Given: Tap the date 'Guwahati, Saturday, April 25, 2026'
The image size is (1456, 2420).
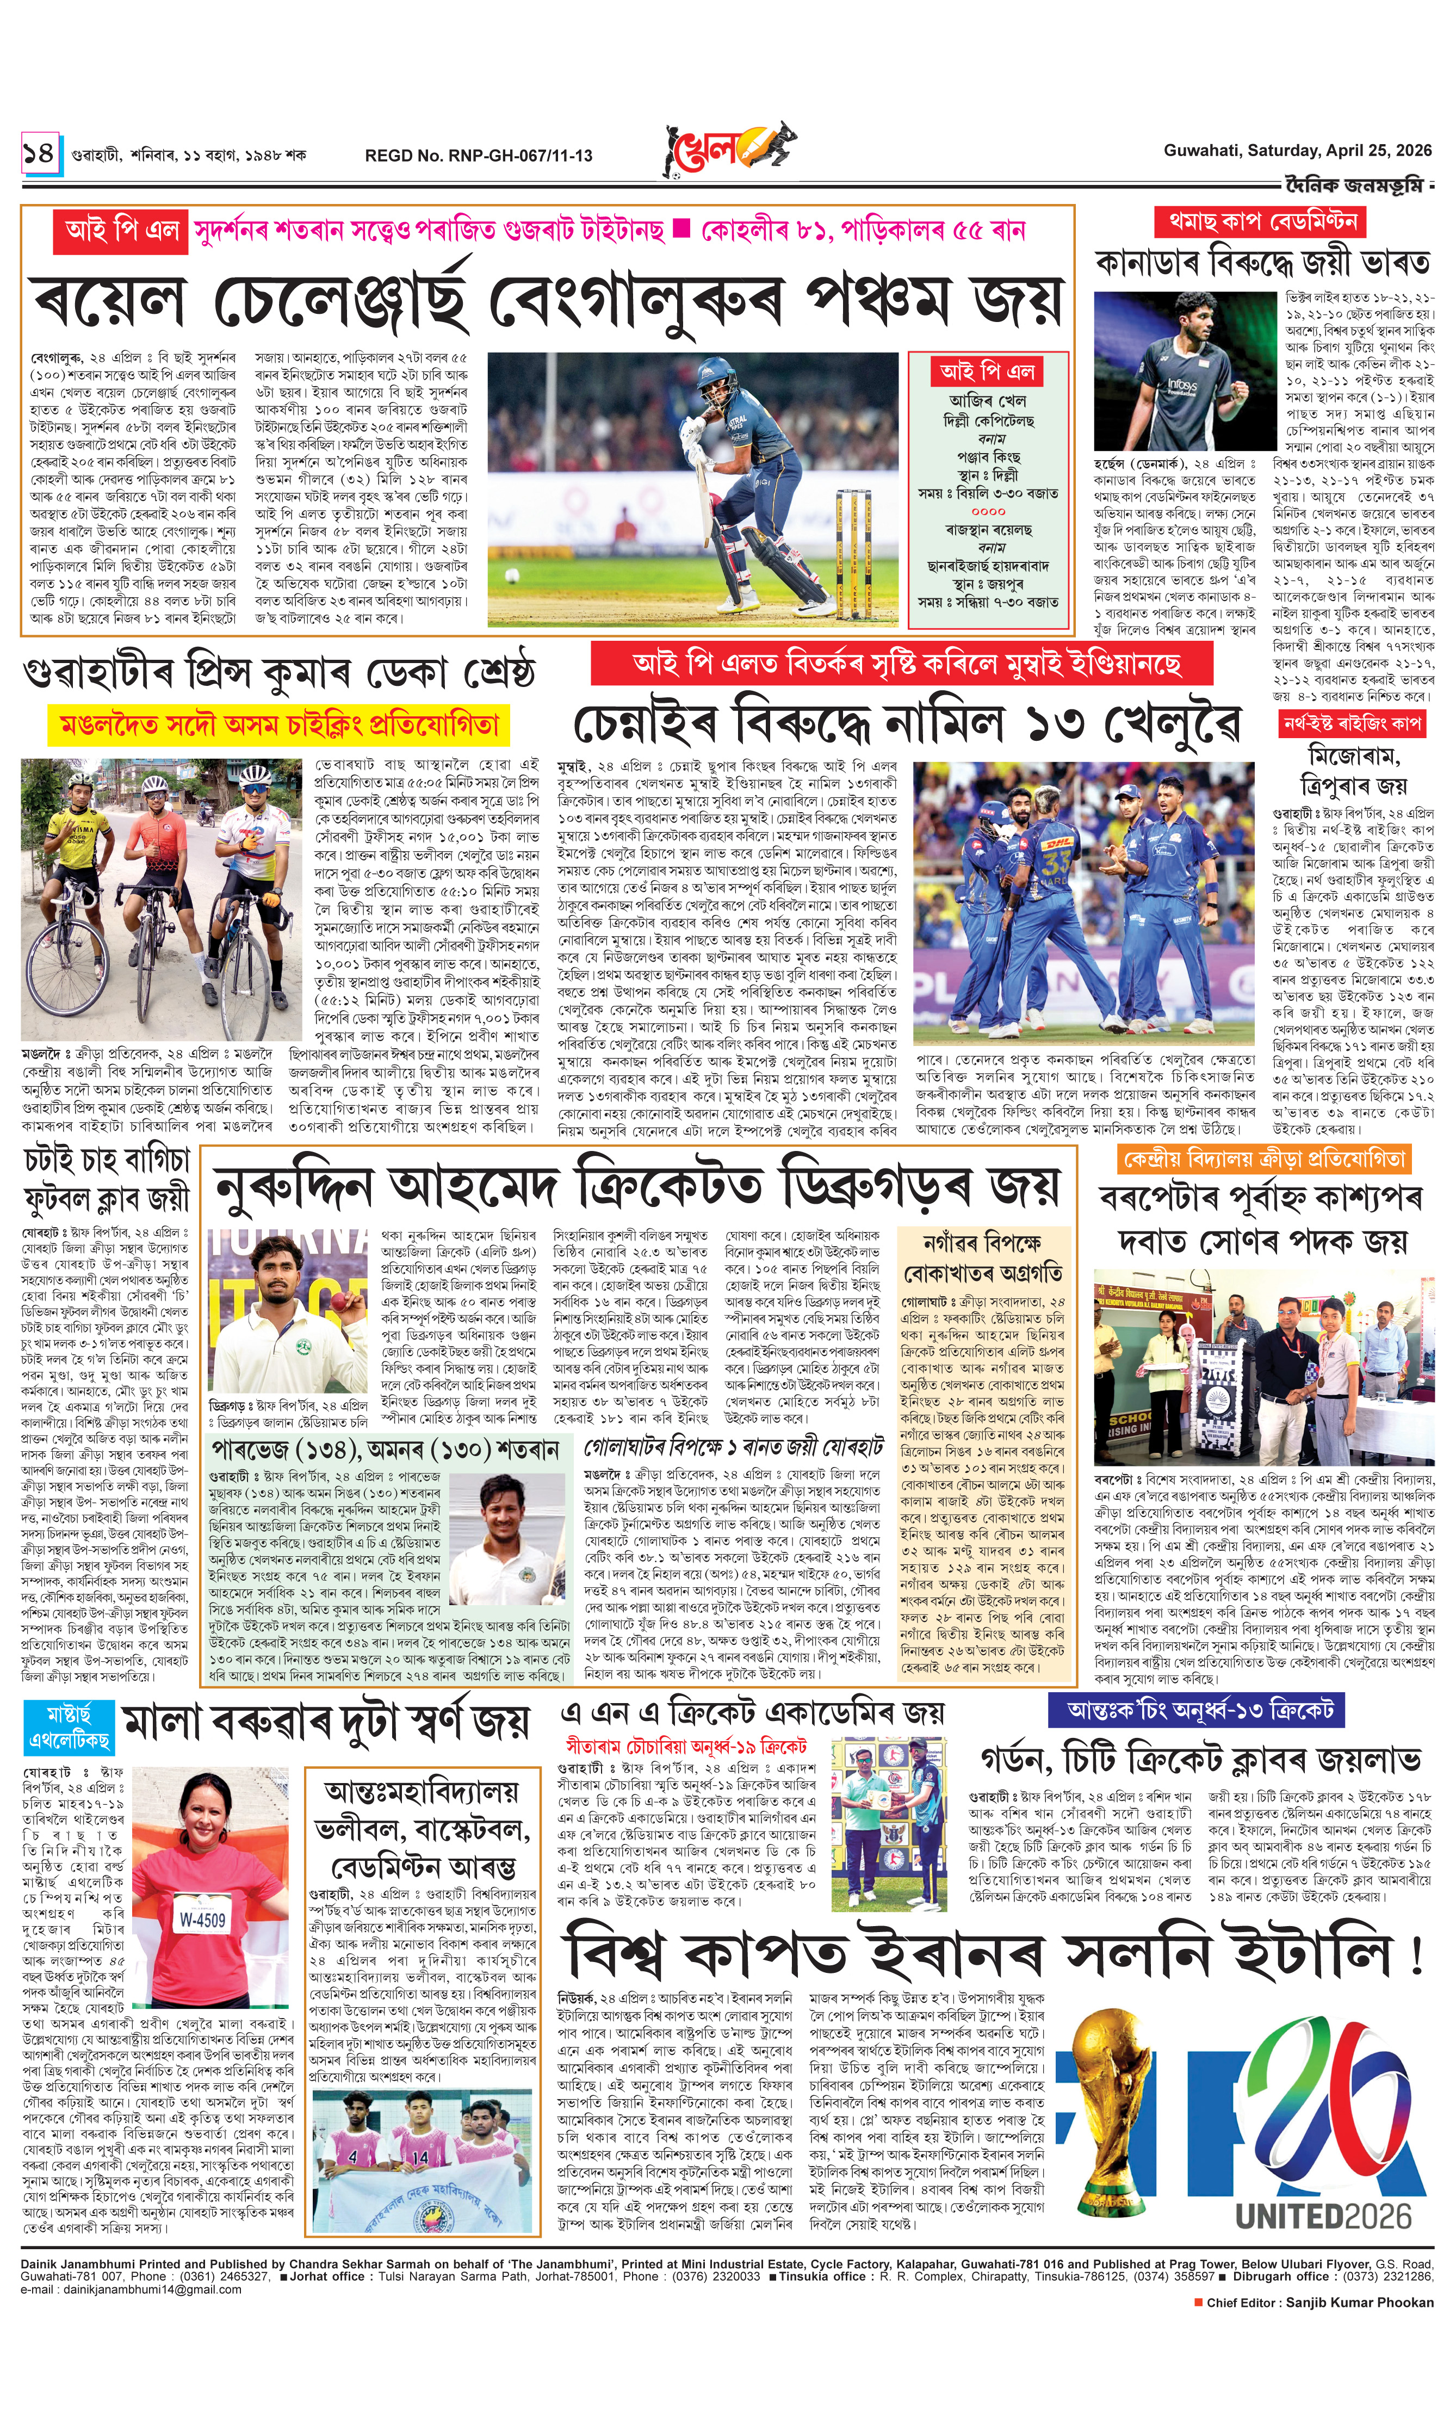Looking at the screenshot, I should (x=1297, y=150).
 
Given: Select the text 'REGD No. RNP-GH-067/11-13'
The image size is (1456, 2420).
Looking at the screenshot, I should (x=478, y=155).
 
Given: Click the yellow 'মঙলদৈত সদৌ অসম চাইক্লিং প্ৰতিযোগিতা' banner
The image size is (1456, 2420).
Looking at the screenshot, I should (x=280, y=725).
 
